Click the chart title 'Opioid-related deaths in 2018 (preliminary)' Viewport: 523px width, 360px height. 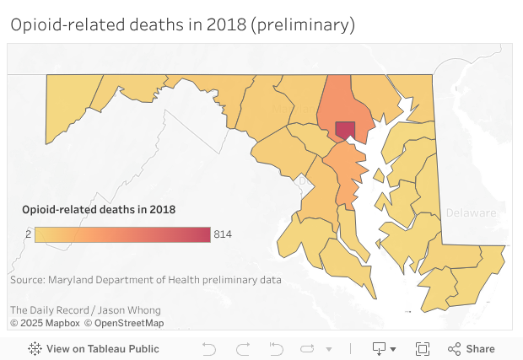point(182,25)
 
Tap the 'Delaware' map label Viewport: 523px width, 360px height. point(471,212)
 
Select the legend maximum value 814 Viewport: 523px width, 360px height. point(223,234)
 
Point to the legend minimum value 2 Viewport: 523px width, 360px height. point(28,234)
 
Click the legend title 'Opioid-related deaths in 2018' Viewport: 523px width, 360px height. point(99,209)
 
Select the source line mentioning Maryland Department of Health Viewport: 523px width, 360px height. point(146,280)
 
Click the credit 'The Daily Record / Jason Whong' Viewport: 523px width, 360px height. point(85,310)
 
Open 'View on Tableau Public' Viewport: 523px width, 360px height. point(94,348)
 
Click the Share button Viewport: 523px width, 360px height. point(472,348)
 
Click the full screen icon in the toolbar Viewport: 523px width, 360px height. point(423,348)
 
